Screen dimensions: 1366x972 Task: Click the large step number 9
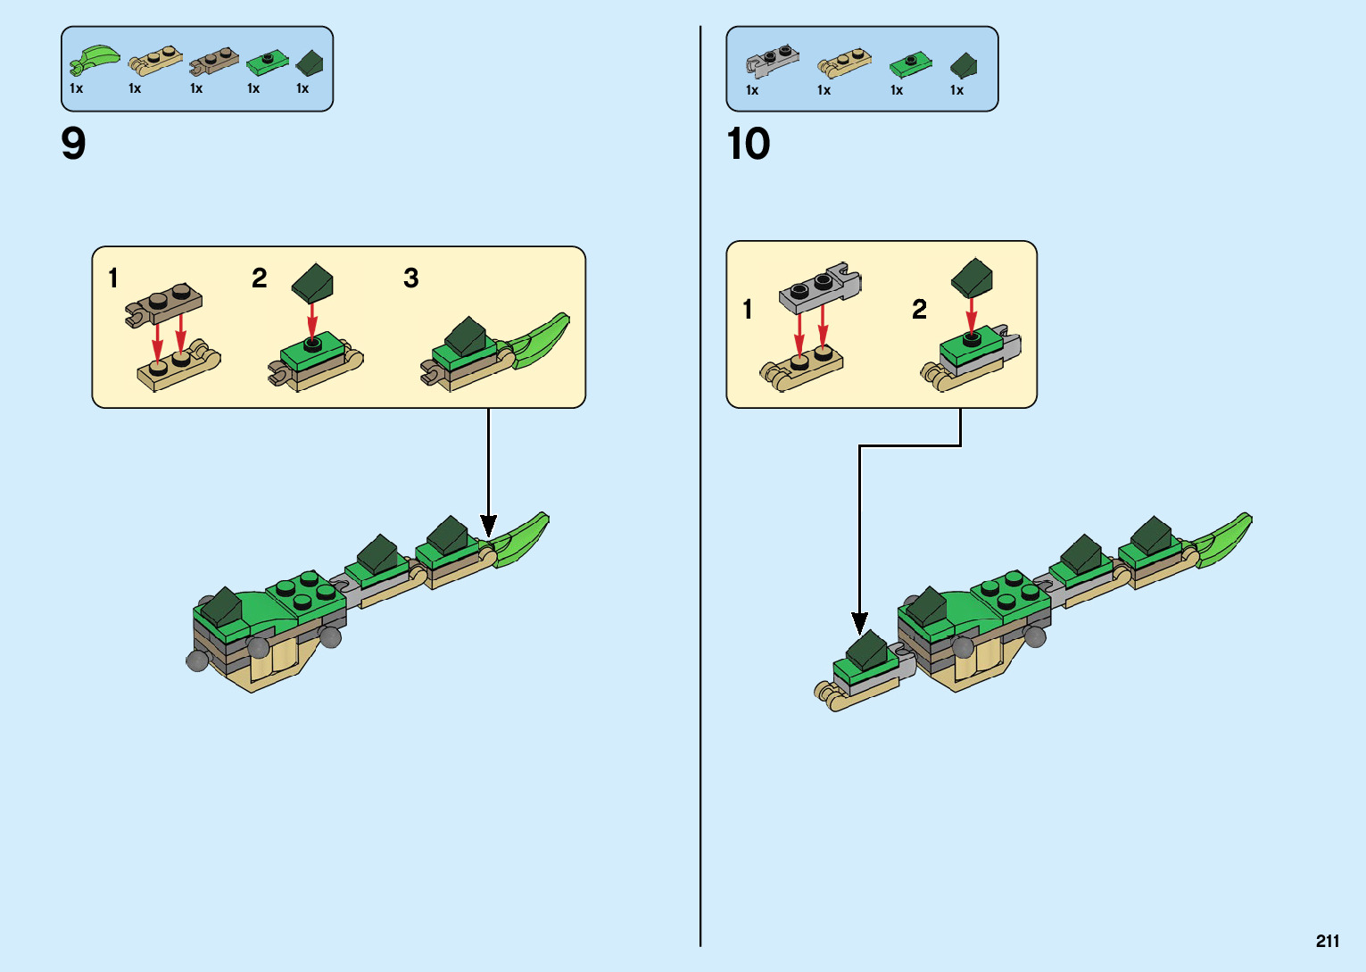pyautogui.click(x=73, y=144)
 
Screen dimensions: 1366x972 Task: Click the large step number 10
pyautogui.click(x=748, y=144)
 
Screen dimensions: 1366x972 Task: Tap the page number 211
pyautogui.click(x=1327, y=941)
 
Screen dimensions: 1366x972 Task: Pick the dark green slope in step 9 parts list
pyautogui.click(x=310, y=62)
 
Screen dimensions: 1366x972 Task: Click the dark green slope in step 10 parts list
pyautogui.click(x=964, y=65)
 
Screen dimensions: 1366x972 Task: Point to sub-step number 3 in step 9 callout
pyautogui.click(x=410, y=278)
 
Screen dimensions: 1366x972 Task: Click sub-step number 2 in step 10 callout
pyautogui.click(x=919, y=309)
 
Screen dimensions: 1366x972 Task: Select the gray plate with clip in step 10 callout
pyautogui.click(x=820, y=287)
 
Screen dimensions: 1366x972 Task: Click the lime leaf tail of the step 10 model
pyautogui.click(x=1224, y=538)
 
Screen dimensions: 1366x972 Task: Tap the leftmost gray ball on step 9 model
pyautogui.click(x=197, y=660)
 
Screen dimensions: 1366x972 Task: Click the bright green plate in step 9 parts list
pyautogui.click(x=268, y=62)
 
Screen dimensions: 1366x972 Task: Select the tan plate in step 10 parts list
pyautogui.click(x=843, y=62)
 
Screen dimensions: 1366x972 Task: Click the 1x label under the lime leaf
pyautogui.click(x=76, y=88)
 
